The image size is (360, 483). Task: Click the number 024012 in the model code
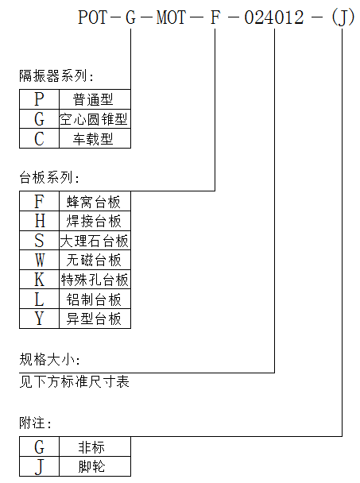click(x=274, y=17)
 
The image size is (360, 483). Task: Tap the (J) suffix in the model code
click(x=343, y=17)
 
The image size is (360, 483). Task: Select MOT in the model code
click(x=171, y=17)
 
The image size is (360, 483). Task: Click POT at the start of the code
click(x=92, y=17)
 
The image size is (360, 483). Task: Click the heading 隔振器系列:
click(x=56, y=75)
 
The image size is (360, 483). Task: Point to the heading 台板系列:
click(x=49, y=177)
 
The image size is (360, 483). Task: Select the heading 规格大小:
click(x=49, y=359)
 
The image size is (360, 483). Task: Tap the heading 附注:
click(x=35, y=423)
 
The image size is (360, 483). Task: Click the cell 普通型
click(x=93, y=99)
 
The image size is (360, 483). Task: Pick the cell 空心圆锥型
click(x=94, y=119)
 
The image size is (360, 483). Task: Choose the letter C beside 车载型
click(x=39, y=139)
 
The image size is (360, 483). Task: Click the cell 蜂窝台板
click(x=94, y=202)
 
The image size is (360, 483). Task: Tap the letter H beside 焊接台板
click(x=40, y=221)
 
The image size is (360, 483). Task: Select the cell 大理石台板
click(x=94, y=241)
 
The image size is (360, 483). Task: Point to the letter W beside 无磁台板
click(x=40, y=260)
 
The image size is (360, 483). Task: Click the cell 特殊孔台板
click(x=95, y=280)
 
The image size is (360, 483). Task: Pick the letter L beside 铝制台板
click(x=39, y=299)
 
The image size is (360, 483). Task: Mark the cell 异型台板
click(x=94, y=319)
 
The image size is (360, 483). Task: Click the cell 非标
click(x=91, y=447)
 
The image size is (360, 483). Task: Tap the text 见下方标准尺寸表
click(x=74, y=381)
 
